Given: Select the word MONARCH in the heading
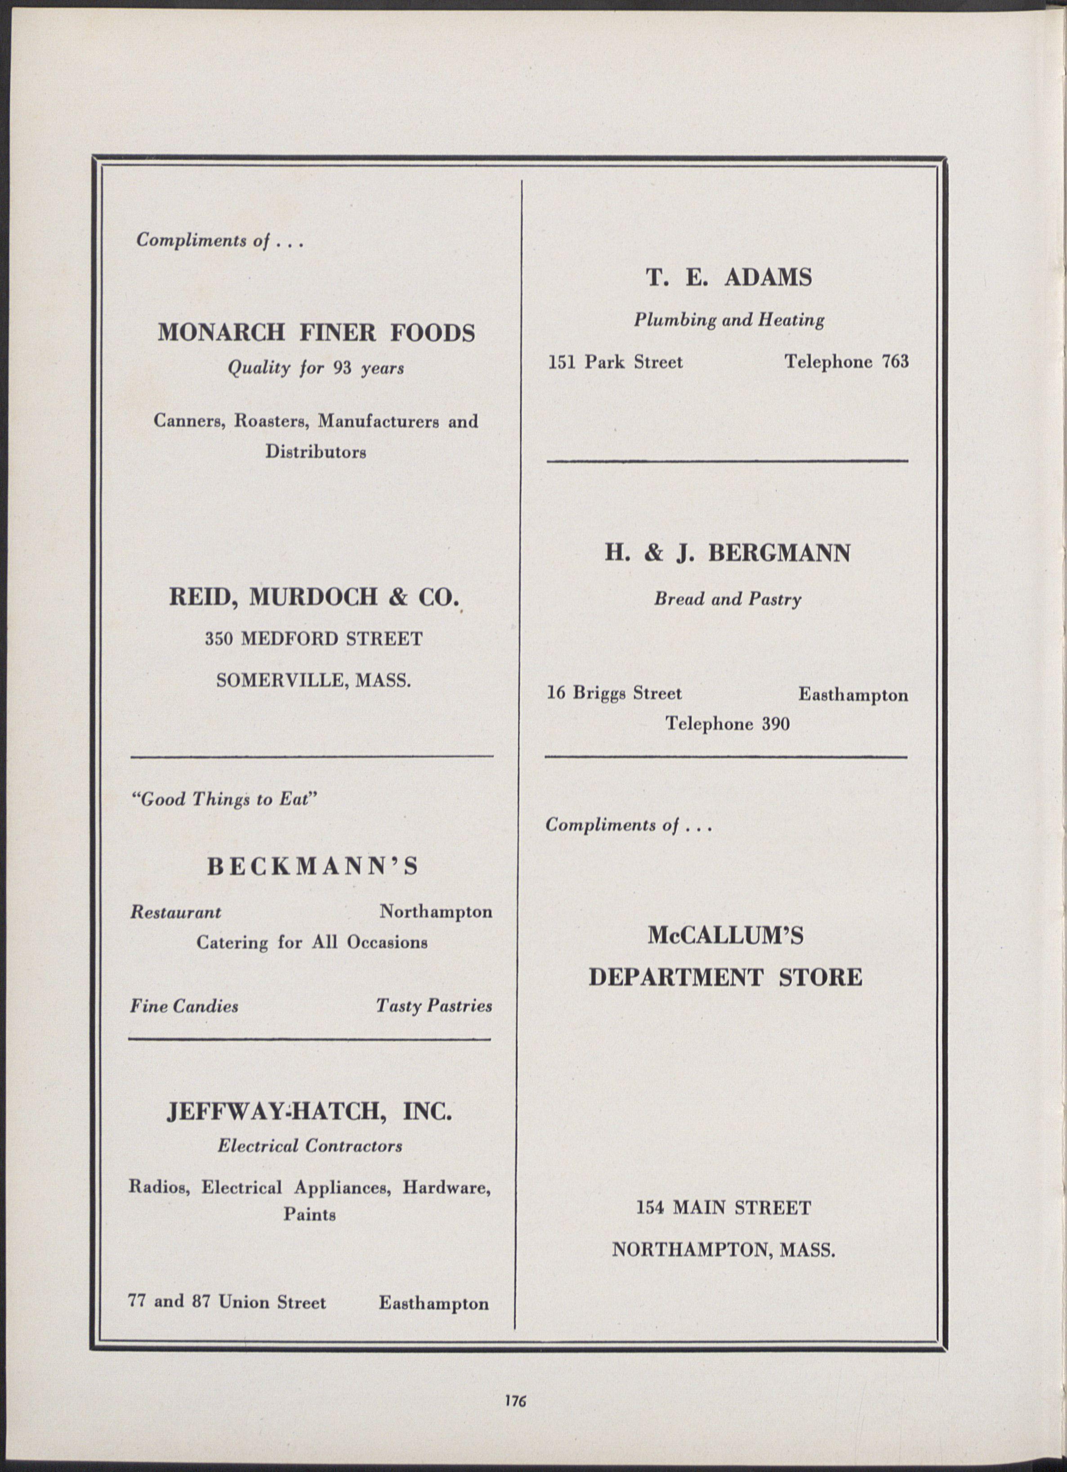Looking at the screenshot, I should [x=221, y=333].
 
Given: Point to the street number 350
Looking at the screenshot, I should [x=219, y=639].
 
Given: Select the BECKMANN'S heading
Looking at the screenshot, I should [x=313, y=867].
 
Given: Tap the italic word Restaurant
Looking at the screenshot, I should [x=176, y=913].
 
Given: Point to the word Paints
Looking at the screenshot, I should [x=310, y=1214].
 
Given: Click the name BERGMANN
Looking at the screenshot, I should [x=779, y=554].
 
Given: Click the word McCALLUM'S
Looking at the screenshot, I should [x=726, y=936].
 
